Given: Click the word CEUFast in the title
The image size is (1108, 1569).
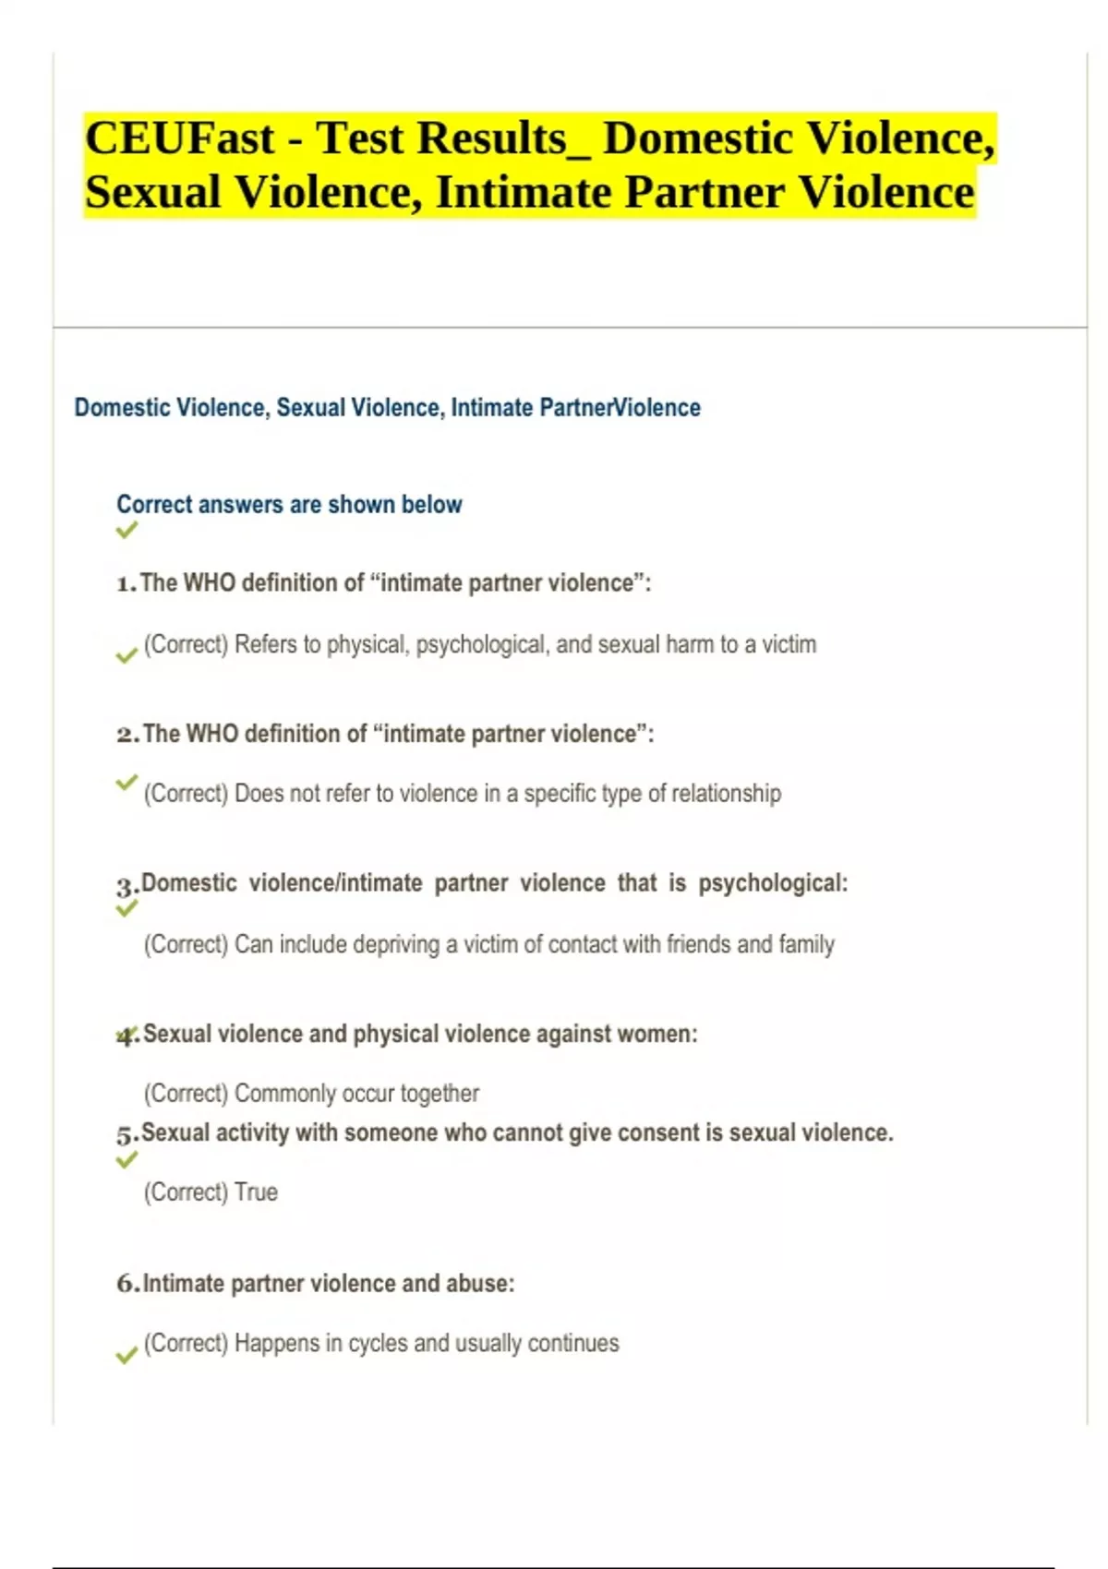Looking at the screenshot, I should (180, 139).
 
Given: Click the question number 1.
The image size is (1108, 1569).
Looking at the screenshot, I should (126, 584).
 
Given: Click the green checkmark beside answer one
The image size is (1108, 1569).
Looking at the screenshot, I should (126, 655).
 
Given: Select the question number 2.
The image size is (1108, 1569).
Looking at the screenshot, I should (127, 735).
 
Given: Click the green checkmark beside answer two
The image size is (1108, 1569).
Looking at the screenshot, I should (126, 783).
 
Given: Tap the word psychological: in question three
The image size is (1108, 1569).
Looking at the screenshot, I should (772, 883).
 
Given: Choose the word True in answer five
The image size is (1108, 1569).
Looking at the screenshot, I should (256, 1192).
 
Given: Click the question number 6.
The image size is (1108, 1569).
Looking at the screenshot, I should (127, 1284).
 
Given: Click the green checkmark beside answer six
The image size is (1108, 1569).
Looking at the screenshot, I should (126, 1355).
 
